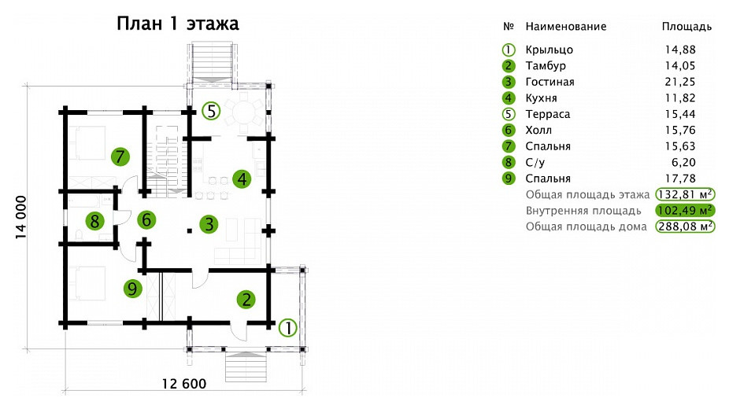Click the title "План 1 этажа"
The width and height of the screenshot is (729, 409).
point(178,24)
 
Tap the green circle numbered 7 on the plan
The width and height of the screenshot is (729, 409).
point(120,157)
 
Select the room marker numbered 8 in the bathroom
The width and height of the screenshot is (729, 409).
point(94,220)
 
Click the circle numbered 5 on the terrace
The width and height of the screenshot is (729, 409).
point(211,112)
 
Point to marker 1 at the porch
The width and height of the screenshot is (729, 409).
point(288,328)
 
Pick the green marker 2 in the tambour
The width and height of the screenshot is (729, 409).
point(246,299)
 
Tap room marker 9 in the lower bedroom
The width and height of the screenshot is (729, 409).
point(132,289)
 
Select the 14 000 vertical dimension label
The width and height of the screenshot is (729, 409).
point(21,217)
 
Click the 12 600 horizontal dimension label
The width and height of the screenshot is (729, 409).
point(184,384)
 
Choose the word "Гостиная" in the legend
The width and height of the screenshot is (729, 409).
point(550,82)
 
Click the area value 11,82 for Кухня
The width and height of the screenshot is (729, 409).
point(679,98)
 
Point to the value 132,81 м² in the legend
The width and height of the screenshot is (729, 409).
point(685,194)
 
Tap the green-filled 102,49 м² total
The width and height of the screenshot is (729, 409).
point(685,210)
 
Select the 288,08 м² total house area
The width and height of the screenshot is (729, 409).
point(685,227)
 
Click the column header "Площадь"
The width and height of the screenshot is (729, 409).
point(686,27)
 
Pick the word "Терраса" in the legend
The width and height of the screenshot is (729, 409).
point(548,114)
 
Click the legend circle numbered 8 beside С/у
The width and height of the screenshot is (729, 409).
point(509,163)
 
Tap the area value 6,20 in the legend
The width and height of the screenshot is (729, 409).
point(683,163)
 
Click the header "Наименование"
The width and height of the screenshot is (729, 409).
point(566,27)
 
